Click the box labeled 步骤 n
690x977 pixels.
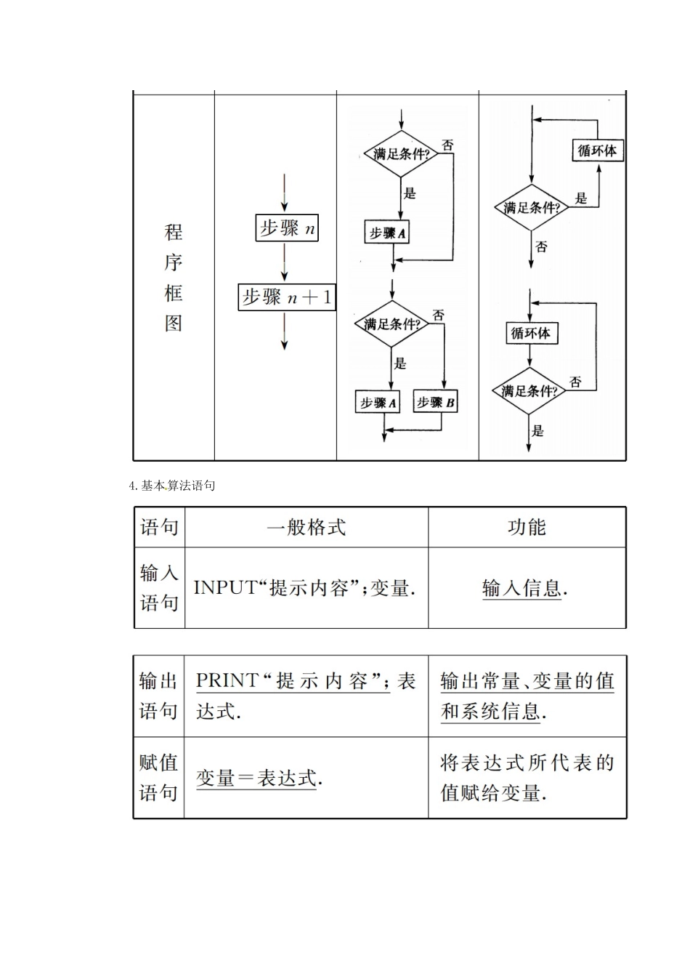(287, 228)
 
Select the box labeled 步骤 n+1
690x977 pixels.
(287, 297)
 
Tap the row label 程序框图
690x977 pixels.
(173, 277)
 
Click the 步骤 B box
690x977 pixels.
(435, 402)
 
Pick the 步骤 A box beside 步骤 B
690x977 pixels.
(378, 402)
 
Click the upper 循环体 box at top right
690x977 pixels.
(597, 150)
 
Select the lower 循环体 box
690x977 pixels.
(531, 333)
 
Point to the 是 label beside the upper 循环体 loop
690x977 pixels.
(581, 198)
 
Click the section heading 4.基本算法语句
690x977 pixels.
(171, 486)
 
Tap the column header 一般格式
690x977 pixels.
(306, 527)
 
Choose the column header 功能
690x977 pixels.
(527, 527)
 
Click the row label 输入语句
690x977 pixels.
(159, 587)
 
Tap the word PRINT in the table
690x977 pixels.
(227, 681)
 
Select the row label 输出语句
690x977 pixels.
(158, 696)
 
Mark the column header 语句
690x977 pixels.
(159, 527)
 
